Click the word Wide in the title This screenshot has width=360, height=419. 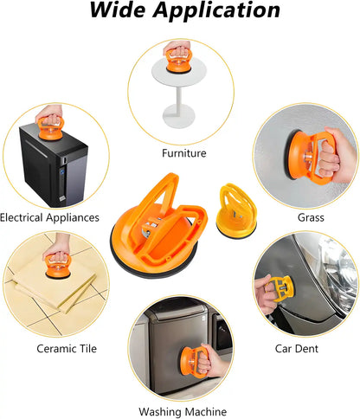point(115,12)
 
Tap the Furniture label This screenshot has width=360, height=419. point(183,153)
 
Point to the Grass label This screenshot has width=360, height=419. point(310,217)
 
